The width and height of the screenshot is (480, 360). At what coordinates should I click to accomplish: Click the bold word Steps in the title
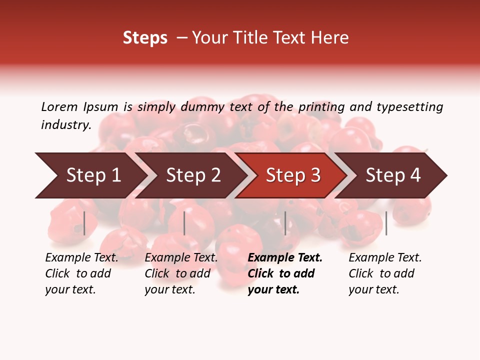click(145, 38)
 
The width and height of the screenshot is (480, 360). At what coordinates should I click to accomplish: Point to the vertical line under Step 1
click(84, 223)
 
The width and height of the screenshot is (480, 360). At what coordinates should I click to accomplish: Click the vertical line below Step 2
click(184, 223)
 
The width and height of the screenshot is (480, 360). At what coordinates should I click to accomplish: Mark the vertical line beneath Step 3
click(285, 223)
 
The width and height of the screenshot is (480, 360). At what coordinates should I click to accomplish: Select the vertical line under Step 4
click(386, 223)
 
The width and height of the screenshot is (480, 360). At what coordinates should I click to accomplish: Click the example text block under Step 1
click(81, 273)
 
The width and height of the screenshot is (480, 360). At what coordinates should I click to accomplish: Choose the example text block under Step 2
click(181, 273)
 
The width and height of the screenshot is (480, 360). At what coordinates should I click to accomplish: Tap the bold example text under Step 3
click(284, 273)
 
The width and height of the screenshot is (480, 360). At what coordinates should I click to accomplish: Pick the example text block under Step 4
click(385, 273)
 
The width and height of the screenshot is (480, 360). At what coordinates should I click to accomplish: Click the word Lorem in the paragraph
click(59, 107)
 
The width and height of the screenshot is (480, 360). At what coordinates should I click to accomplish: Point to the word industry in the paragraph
click(66, 125)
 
